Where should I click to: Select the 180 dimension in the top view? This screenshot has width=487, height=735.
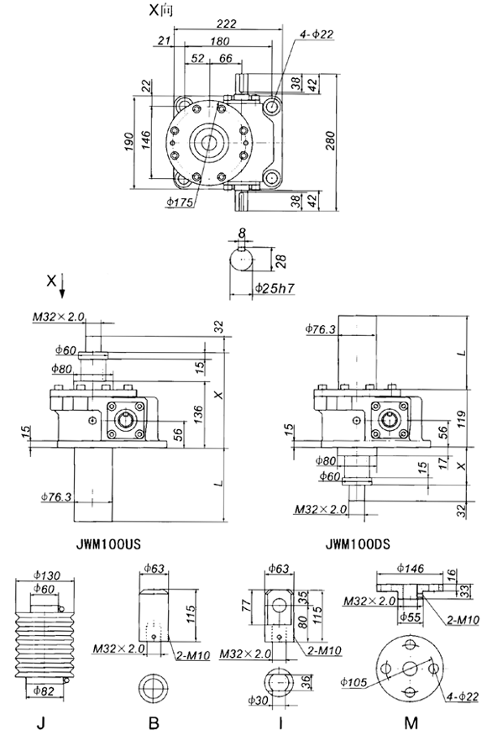tap(222, 41)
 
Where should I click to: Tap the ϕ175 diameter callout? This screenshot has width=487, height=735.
tap(180, 202)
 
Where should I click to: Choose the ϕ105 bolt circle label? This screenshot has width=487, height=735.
tap(354, 682)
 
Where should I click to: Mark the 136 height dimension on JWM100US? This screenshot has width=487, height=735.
tap(197, 411)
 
